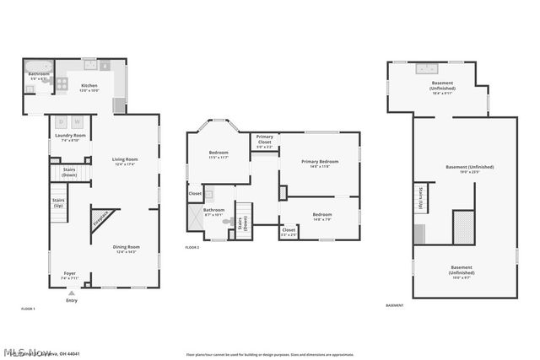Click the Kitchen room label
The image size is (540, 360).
[x=89, y=87]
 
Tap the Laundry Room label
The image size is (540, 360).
[x=70, y=137]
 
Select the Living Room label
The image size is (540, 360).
[x=125, y=161]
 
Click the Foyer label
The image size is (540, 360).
[x=69, y=274]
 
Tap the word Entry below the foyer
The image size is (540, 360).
[x=71, y=301]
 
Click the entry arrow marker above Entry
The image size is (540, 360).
[x=71, y=293]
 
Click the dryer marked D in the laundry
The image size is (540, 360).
[x=62, y=121]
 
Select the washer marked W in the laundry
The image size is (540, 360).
[x=76, y=121]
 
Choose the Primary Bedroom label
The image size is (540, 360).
[x=319, y=163]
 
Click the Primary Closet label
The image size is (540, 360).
[x=265, y=139]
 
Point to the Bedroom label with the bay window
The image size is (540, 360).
[x=219, y=154]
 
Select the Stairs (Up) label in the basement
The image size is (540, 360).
[x=420, y=199]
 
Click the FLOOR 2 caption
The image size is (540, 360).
[x=192, y=247]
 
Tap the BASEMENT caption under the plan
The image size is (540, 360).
[x=394, y=305]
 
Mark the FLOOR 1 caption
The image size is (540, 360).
[x=28, y=309]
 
